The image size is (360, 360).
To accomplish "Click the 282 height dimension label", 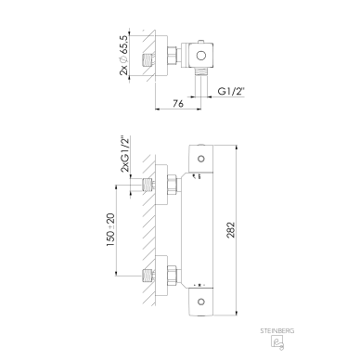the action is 231,230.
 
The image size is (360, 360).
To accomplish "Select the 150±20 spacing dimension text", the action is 110,230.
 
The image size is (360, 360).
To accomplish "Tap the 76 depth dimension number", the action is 178,103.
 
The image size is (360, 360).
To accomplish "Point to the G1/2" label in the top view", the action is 231,91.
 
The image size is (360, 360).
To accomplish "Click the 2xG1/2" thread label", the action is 124,154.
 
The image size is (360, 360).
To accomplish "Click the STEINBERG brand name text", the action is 277,331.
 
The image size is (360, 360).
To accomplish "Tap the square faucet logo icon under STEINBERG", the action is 277,342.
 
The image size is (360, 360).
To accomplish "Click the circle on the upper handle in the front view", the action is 201,159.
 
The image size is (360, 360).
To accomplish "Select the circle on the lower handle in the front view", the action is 201,302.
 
